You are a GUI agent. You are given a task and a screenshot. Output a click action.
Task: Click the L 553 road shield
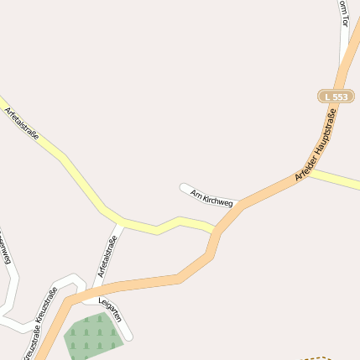[334, 97]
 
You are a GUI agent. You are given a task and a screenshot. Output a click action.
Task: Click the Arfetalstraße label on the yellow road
[22, 127]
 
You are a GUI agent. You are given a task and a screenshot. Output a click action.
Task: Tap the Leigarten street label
[110, 310]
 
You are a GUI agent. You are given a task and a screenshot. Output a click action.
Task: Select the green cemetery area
[92, 334]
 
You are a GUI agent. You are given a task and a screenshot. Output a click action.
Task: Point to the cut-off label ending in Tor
[342, 13]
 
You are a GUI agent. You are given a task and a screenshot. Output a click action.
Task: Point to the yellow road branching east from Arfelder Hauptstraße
[340, 179]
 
